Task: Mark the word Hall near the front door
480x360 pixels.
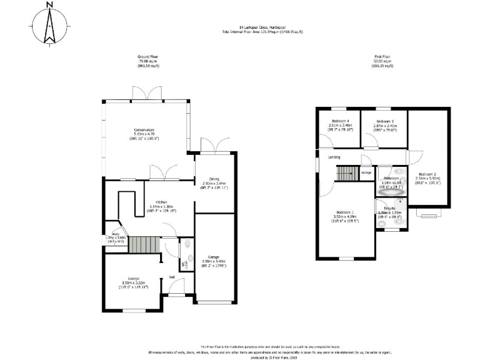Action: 171,277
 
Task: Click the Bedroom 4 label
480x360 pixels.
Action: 340,122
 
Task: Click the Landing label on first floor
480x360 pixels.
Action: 334,157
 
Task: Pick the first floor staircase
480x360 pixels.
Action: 346,173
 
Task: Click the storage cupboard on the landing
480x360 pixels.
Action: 366,173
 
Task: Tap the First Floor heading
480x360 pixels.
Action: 382,56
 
